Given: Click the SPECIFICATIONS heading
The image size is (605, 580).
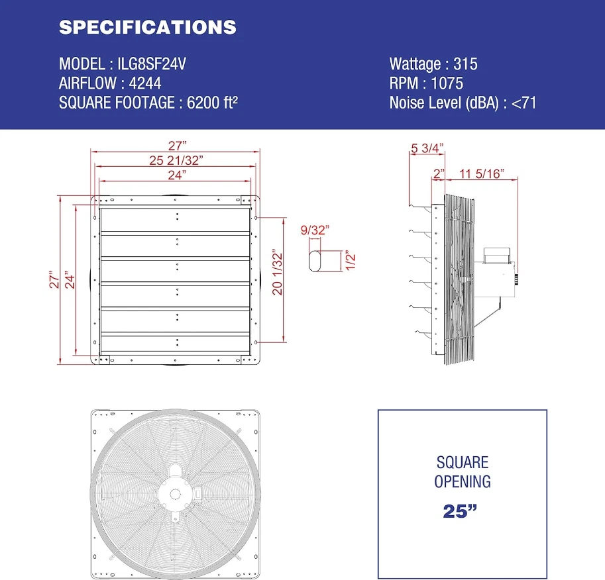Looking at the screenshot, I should [x=147, y=27].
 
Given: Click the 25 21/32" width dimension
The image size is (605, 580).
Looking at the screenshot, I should [x=176, y=160].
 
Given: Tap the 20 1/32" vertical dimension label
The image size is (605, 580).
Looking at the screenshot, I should [x=278, y=271].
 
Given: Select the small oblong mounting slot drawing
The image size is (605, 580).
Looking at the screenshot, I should [x=317, y=260].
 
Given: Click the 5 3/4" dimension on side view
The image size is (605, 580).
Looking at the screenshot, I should [x=427, y=148].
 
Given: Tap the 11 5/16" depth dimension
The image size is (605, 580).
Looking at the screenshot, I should [x=482, y=173].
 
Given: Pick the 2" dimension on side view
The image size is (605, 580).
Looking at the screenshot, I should [x=438, y=173].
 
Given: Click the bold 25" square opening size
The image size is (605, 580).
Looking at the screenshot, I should [x=463, y=510].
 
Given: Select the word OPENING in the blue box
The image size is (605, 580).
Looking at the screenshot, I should [x=463, y=481].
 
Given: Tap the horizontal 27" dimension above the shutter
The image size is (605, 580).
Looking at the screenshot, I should [x=176, y=145].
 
